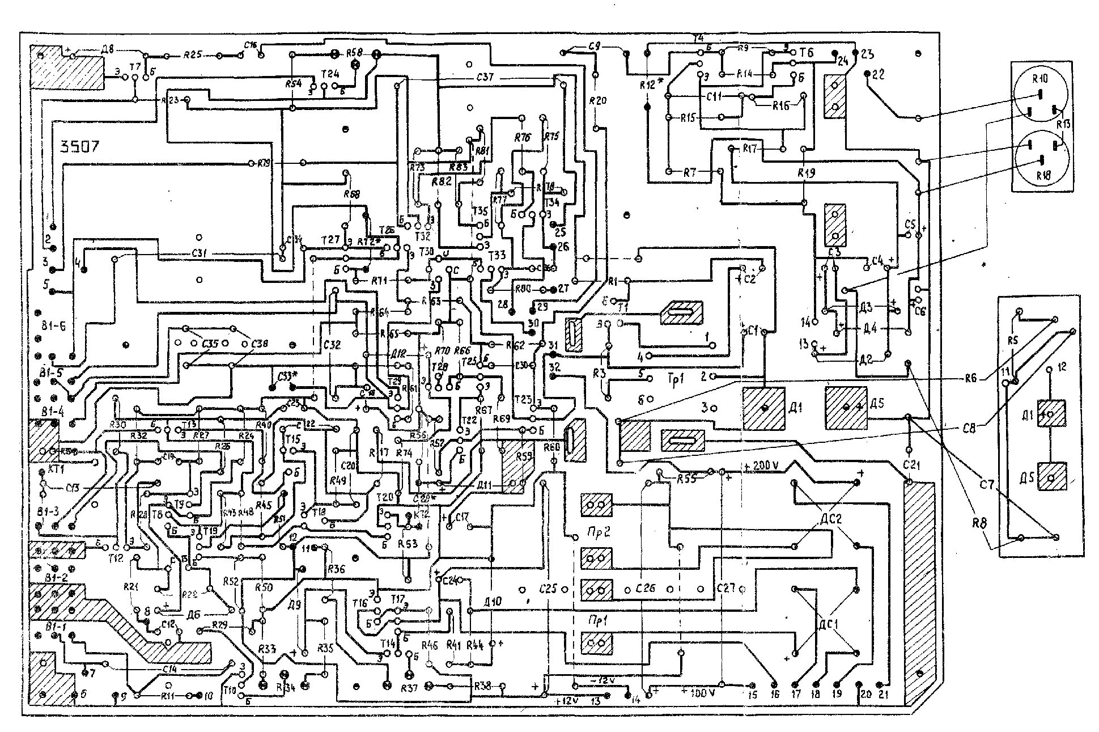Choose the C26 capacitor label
click(x=645, y=589)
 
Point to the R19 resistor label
click(x=805, y=174)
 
